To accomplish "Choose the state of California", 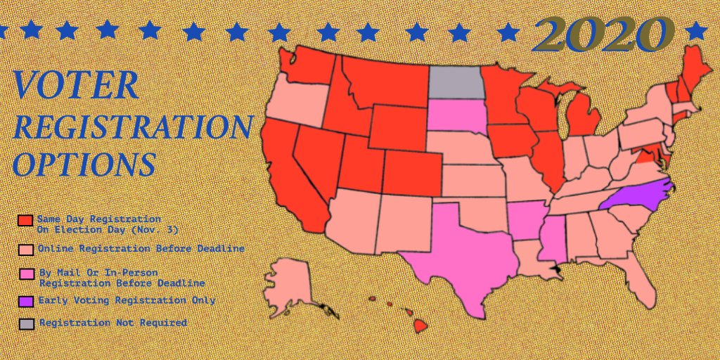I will point(285,169).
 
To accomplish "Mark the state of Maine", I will point(693,67).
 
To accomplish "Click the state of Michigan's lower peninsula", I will point(583,117).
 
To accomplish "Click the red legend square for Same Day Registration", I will point(25,221).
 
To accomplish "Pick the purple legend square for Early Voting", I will point(25,301).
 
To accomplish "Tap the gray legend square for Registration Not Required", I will point(25,324).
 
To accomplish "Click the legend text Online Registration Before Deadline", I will point(141,248).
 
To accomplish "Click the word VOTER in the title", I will point(76,86).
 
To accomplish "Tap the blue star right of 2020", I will point(696,30).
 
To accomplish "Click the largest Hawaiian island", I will point(420,326).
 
